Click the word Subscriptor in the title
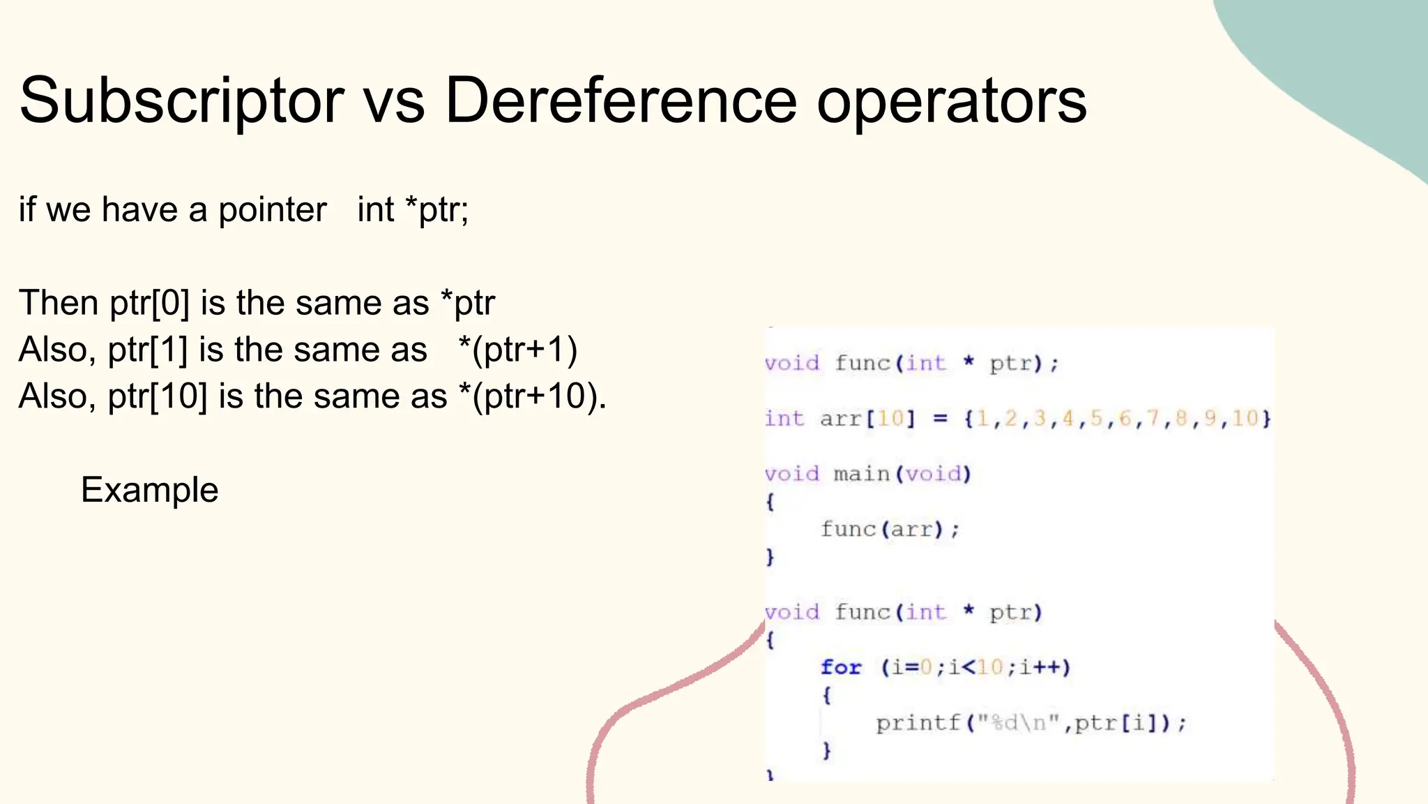[181, 102]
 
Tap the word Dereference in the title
[621, 100]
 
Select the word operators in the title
[951, 102]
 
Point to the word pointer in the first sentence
[272, 210]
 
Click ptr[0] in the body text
[149, 304]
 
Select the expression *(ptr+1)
[518, 350]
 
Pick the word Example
[149, 490]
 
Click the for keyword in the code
[841, 668]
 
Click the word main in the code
[862, 475]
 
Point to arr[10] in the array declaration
[867, 419]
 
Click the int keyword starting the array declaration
[784, 419]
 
